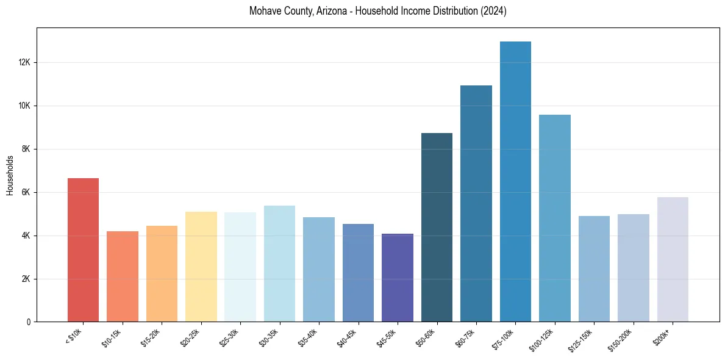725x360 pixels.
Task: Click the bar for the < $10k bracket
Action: [83, 250]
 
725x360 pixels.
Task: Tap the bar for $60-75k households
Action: [476, 204]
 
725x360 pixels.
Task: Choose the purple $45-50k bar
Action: [398, 278]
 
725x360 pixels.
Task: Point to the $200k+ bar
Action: [673, 259]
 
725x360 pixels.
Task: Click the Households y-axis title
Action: [10, 175]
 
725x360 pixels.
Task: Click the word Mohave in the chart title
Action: [265, 12]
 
